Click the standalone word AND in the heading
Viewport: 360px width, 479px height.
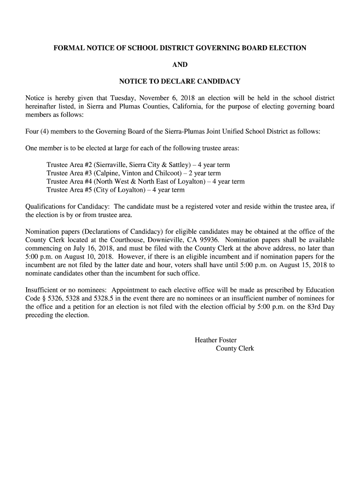pyautogui.click(x=180, y=65)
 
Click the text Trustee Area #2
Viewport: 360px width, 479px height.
pyautogui.click(x=69, y=165)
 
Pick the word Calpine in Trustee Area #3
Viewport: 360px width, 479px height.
pyautogui.click(x=108, y=174)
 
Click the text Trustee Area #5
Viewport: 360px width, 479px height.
pyautogui.click(x=69, y=190)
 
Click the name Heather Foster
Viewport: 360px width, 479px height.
pyautogui.click(x=216, y=340)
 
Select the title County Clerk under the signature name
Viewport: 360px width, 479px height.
pyautogui.click(x=235, y=348)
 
